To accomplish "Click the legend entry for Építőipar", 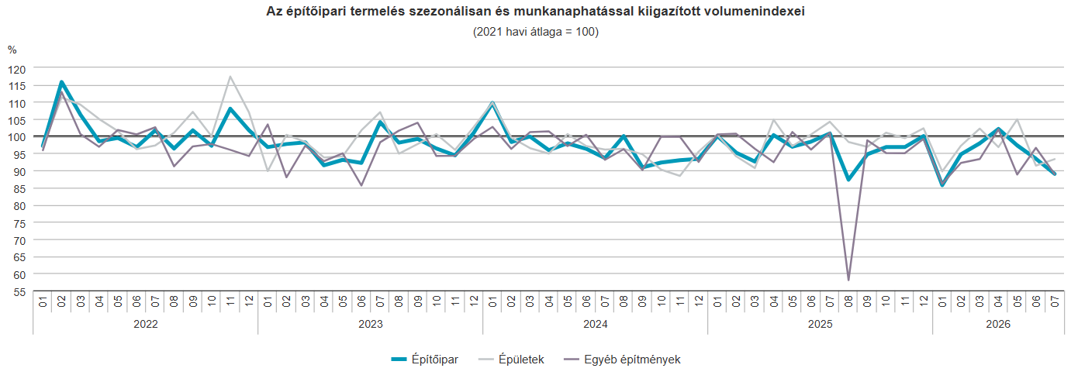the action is [x=424, y=360].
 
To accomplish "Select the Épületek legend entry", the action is [x=511, y=360].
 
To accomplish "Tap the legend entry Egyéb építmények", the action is [x=622, y=360].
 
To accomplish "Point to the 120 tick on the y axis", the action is [x=17, y=69].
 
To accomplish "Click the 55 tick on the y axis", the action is [x=19, y=292].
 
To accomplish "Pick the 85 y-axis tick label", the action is [x=19, y=189].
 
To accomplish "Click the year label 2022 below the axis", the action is [x=146, y=324].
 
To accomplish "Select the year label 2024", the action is [x=596, y=324].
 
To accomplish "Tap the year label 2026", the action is [x=998, y=324].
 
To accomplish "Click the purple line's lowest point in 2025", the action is [x=848, y=280].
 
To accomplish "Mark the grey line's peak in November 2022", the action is [x=230, y=77].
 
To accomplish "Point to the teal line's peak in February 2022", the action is [x=62, y=81].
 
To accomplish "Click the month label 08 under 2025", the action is [x=848, y=301].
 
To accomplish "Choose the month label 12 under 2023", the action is [x=474, y=301].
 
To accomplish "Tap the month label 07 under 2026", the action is [x=1055, y=301].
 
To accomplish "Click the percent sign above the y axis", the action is [x=12, y=50].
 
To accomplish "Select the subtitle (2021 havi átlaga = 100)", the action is [x=535, y=32].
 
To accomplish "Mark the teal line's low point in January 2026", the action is [x=942, y=185].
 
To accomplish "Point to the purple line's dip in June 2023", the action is [x=361, y=186].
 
